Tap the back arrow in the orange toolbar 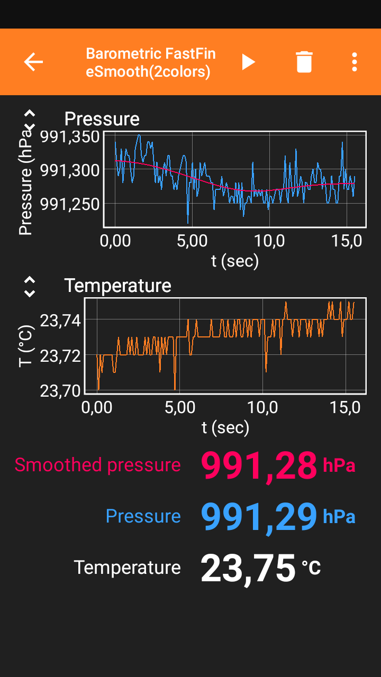point(33,62)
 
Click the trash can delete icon point(304,62)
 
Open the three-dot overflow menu point(355,62)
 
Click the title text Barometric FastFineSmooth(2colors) point(151,62)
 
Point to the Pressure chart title point(102,119)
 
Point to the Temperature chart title point(117,286)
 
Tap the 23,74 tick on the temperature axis point(60,321)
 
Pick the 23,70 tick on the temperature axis point(60,390)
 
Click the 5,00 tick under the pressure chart point(192,241)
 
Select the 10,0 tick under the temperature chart point(263,408)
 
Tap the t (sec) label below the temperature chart point(225,427)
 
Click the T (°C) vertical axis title point(26,346)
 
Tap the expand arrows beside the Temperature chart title point(30,286)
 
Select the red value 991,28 point(259,466)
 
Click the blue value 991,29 point(259,517)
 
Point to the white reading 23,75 point(248,568)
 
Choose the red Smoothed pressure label point(97,465)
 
